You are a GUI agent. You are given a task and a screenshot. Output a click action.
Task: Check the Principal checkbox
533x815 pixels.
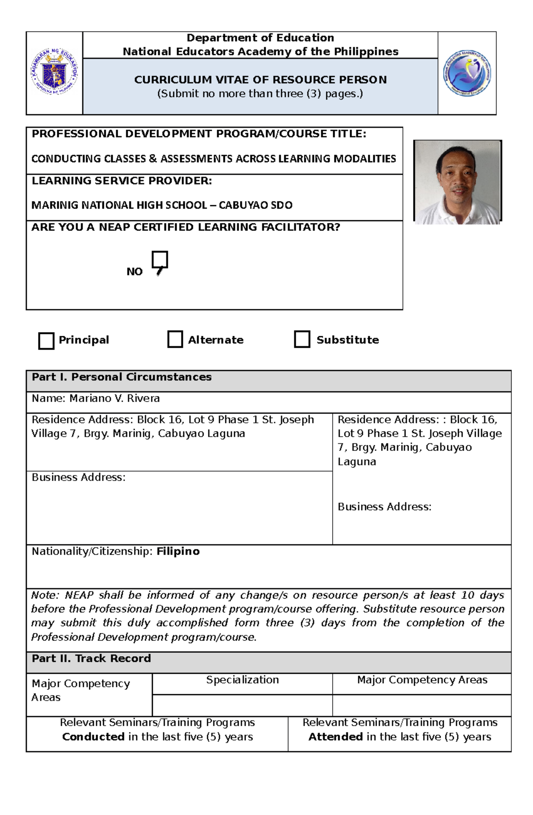click(46, 341)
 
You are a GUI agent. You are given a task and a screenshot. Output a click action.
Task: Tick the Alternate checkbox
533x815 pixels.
click(175, 339)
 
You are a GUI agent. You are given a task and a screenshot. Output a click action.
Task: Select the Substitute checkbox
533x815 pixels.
click(302, 339)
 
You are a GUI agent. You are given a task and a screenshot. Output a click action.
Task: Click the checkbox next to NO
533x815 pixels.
click(159, 260)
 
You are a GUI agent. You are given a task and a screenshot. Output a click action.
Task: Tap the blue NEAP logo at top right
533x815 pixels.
click(467, 73)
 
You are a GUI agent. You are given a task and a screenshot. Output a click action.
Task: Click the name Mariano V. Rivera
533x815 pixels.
click(114, 398)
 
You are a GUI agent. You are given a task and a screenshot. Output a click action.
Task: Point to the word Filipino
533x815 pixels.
click(178, 551)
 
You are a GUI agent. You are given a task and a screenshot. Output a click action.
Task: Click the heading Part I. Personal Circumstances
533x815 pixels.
click(121, 377)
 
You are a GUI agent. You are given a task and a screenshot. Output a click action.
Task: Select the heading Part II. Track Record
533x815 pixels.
click(91, 658)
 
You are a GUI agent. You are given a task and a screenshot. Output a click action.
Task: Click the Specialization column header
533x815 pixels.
click(242, 680)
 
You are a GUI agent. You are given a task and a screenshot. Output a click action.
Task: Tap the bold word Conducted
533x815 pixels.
click(93, 737)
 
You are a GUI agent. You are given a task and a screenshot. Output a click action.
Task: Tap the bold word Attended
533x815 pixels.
click(335, 737)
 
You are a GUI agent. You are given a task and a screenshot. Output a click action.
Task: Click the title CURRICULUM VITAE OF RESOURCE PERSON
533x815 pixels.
click(260, 80)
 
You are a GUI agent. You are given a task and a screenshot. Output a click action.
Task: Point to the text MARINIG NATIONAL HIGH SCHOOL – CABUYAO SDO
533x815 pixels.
click(162, 205)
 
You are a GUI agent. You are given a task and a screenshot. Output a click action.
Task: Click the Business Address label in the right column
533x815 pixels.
click(384, 507)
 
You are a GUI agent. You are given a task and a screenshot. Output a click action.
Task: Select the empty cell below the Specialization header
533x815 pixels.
click(242, 705)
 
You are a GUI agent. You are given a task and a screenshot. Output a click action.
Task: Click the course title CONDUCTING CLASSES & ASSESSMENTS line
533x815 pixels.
click(213, 159)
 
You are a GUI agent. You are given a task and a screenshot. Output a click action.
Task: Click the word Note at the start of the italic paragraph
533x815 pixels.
click(44, 595)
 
